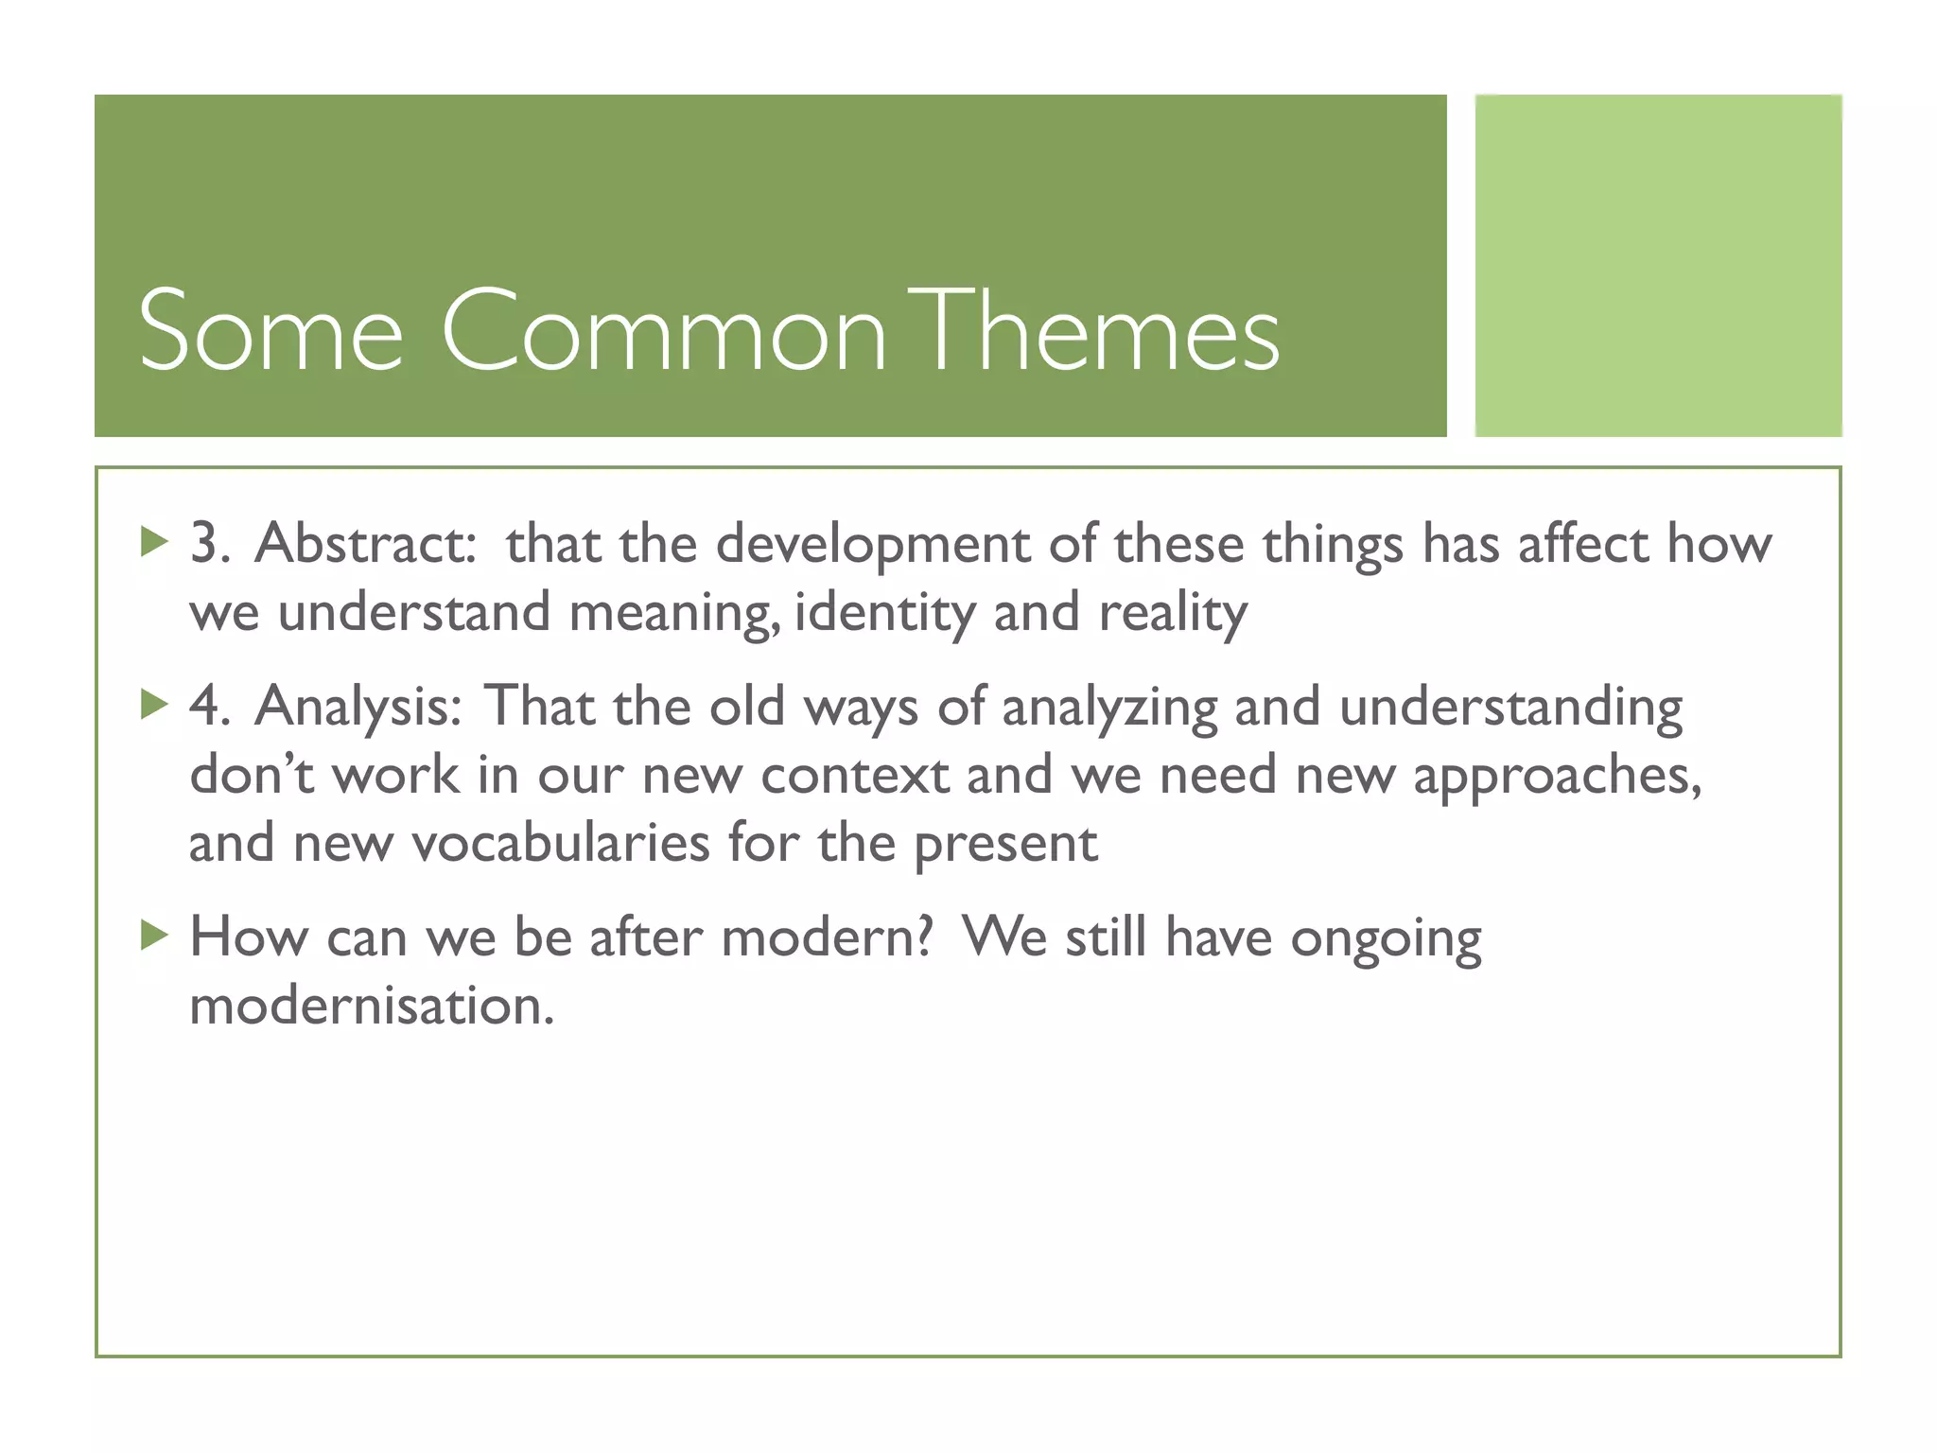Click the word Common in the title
click(x=662, y=331)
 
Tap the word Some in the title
click(x=270, y=331)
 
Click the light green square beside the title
click(x=1658, y=265)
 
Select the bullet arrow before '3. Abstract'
click(x=153, y=543)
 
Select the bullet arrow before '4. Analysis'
click(x=153, y=705)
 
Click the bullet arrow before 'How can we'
click(x=153, y=937)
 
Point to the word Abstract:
click(x=365, y=544)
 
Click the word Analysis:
click(x=358, y=707)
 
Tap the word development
click(x=871, y=546)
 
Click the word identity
click(x=884, y=613)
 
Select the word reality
click(x=1173, y=613)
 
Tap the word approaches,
click(x=1557, y=777)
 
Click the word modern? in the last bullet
click(x=827, y=937)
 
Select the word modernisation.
click(x=371, y=1005)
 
